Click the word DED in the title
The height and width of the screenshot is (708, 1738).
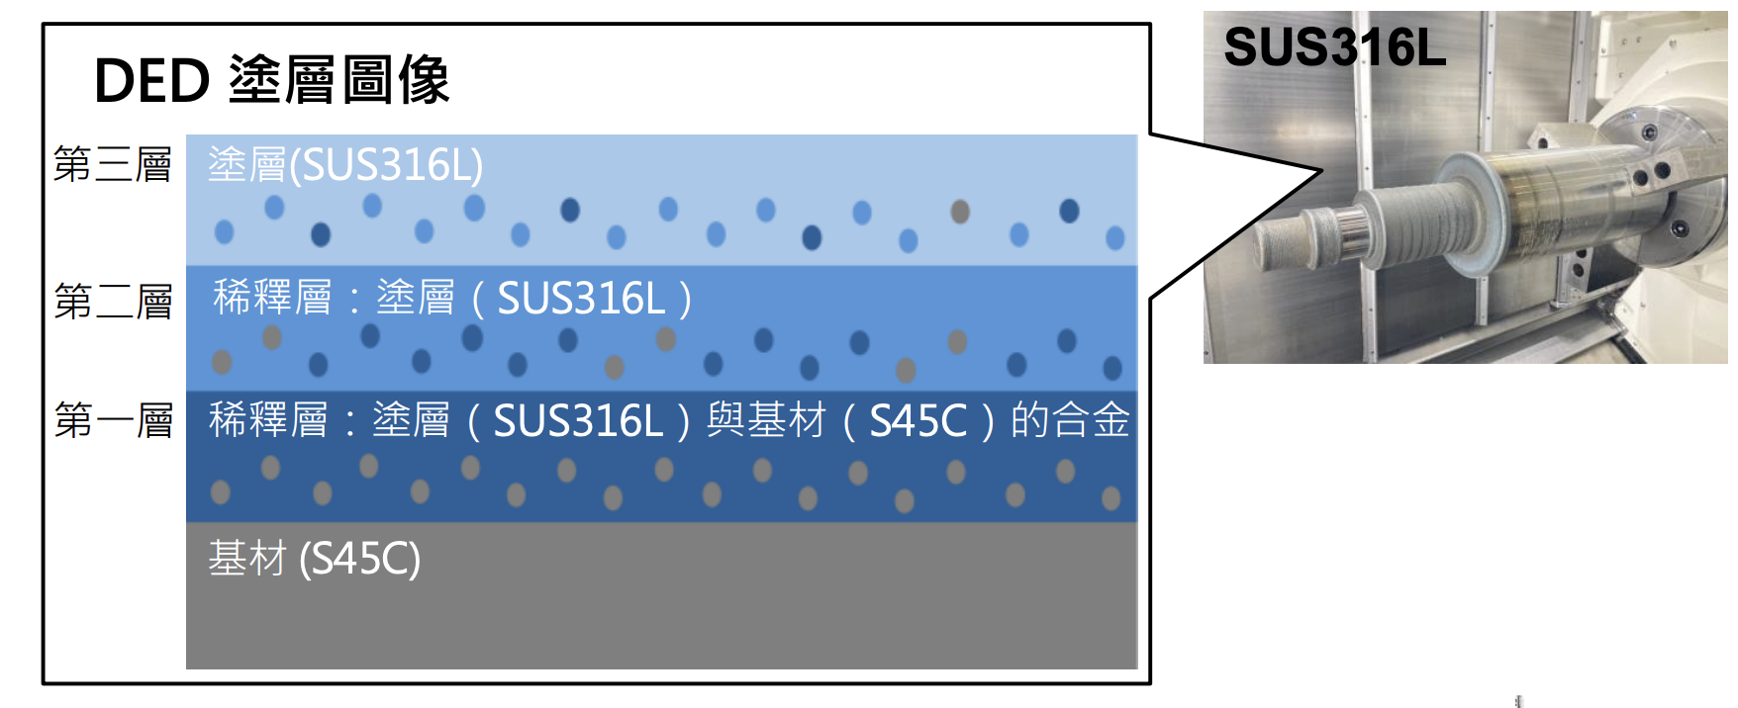(151, 80)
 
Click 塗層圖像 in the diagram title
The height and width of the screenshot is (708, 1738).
(339, 80)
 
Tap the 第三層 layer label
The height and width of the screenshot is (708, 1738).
(113, 164)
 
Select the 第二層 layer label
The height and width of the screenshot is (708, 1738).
(113, 301)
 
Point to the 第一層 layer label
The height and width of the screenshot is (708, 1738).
(113, 420)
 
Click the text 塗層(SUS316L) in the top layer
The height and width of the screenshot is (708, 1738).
(345, 165)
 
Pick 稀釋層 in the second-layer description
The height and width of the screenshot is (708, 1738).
(272, 298)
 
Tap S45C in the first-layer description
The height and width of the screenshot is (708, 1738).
(917, 421)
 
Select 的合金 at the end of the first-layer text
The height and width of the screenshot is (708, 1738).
(1070, 420)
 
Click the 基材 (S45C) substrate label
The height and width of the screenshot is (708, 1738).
(314, 559)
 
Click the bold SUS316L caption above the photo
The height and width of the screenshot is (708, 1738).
(1334, 46)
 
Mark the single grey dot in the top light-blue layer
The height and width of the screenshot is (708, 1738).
(960, 211)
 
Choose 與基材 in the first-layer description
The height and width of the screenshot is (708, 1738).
(766, 420)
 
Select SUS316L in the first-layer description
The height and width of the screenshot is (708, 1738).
(578, 421)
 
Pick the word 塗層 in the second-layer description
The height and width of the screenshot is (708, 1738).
(416, 298)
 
